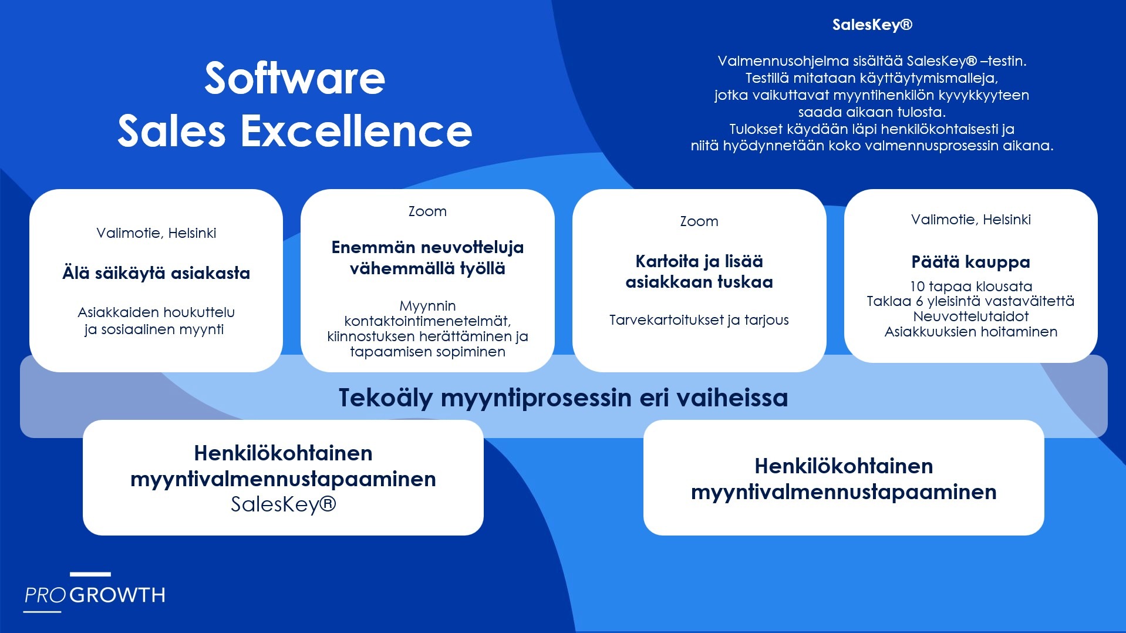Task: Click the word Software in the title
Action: [x=295, y=78]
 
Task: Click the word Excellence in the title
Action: [x=356, y=130]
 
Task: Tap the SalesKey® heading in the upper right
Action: [x=872, y=25]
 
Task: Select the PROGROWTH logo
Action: [x=95, y=592]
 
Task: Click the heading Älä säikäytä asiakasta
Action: [x=156, y=273]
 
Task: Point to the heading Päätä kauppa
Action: [x=970, y=262]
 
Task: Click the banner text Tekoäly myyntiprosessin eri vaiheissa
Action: [x=563, y=398]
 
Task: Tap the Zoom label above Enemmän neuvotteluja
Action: [x=427, y=211]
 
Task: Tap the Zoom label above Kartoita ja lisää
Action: [x=699, y=221]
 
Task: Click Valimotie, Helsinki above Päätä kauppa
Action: [x=970, y=220]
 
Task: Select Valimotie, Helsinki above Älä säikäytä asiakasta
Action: [x=156, y=233]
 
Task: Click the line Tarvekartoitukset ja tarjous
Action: [x=699, y=320]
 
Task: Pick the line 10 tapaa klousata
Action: [x=970, y=287]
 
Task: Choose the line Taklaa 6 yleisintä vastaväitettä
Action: [x=970, y=301]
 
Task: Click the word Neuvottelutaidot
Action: [x=970, y=316]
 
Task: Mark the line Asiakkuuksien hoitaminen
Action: [x=970, y=332]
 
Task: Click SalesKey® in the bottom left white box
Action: [x=283, y=504]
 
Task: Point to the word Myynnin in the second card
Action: [x=427, y=307]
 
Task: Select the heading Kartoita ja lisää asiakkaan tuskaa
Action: [x=699, y=272]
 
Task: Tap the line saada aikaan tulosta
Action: [x=872, y=112]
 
